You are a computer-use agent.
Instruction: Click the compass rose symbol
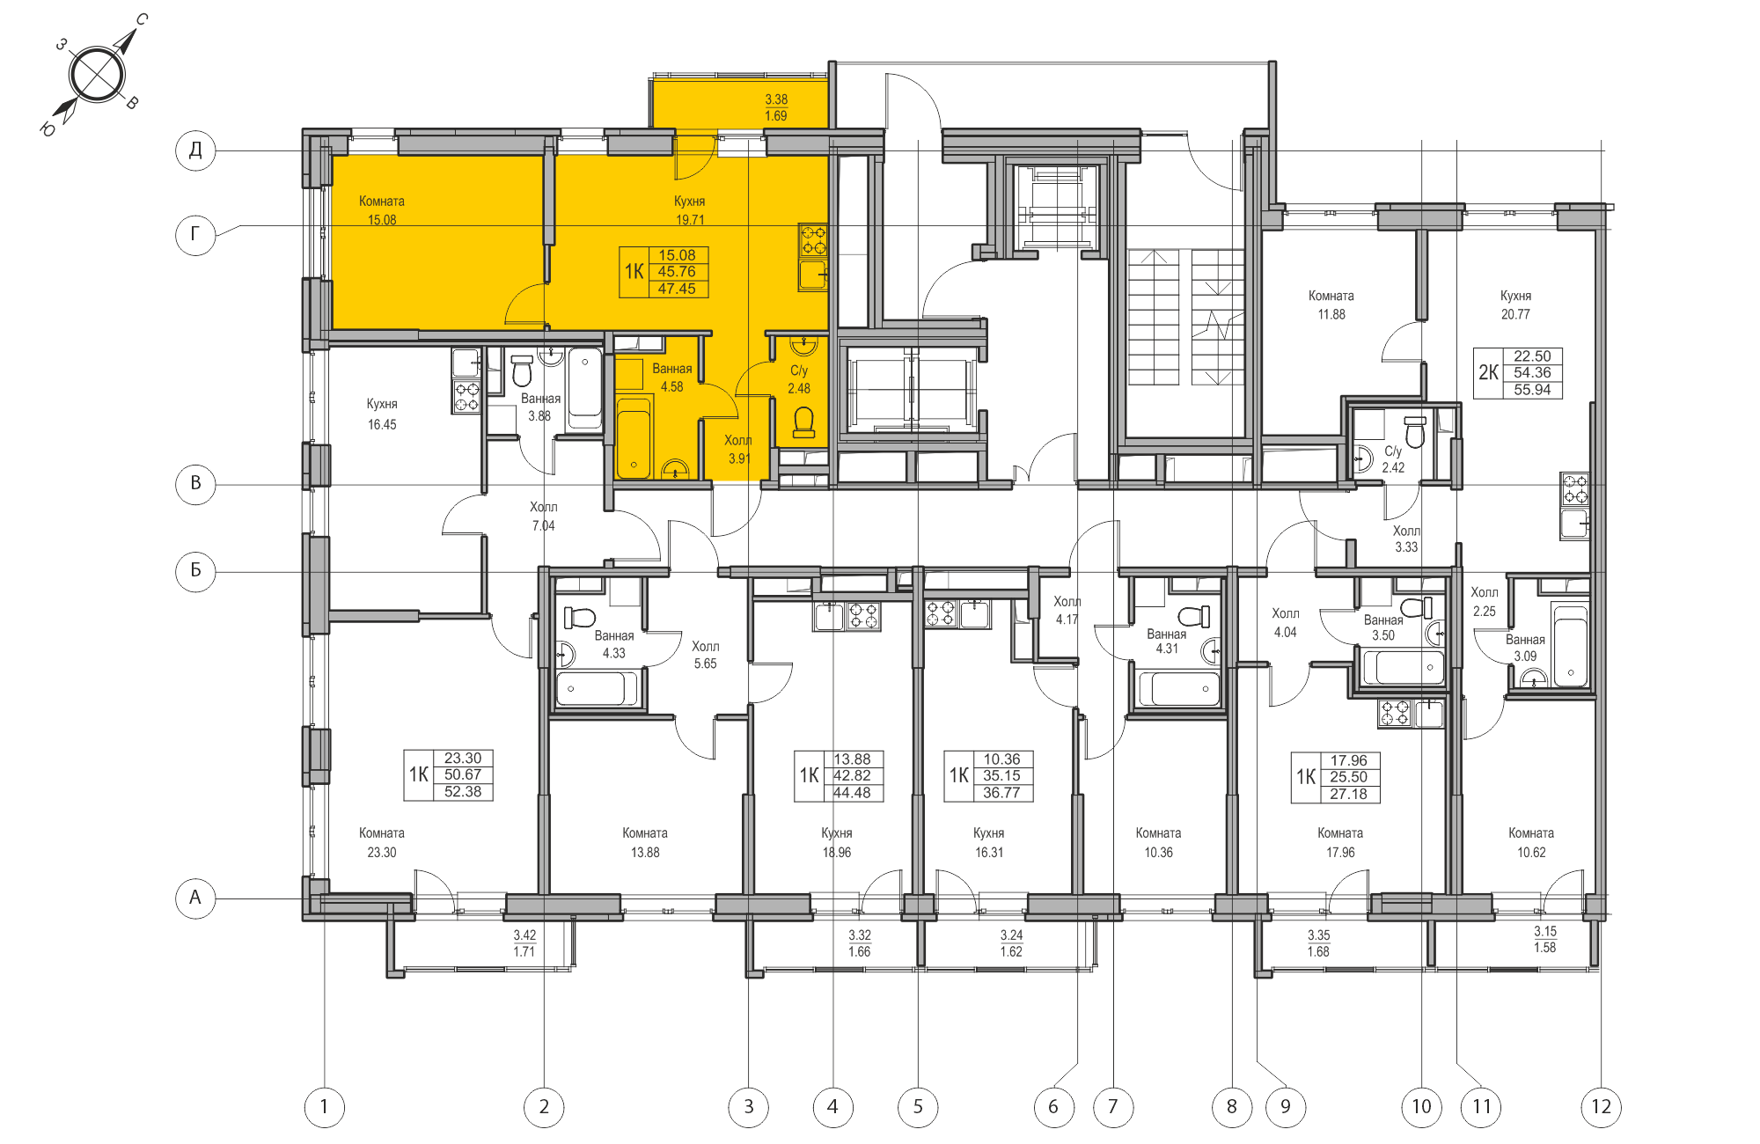[x=96, y=75]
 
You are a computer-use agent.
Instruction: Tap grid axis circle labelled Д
[x=195, y=150]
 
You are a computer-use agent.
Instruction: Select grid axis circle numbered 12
[x=1601, y=1107]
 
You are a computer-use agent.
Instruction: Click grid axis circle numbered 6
[x=1053, y=1107]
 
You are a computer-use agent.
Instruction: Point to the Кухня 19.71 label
[x=690, y=210]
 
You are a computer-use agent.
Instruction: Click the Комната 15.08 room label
[x=382, y=210]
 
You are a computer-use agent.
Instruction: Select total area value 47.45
[x=677, y=289]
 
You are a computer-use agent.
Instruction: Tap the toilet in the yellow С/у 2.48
[x=803, y=422]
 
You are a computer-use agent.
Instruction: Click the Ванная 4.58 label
[x=671, y=378]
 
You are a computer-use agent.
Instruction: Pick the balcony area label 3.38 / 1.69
[x=776, y=107]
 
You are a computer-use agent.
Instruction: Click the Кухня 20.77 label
[x=1515, y=304]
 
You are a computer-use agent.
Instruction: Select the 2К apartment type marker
[x=1488, y=372]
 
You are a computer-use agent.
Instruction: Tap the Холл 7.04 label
[x=544, y=516]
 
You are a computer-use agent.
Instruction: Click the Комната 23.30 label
[x=382, y=842]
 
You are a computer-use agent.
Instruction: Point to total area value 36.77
[x=1001, y=793]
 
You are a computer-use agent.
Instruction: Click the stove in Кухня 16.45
[x=466, y=397]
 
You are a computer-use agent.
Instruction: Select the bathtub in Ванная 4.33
[x=597, y=688]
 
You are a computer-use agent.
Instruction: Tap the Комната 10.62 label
[x=1531, y=842]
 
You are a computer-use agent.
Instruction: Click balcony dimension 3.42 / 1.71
[x=524, y=943]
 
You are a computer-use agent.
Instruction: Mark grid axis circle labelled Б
[x=195, y=570]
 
